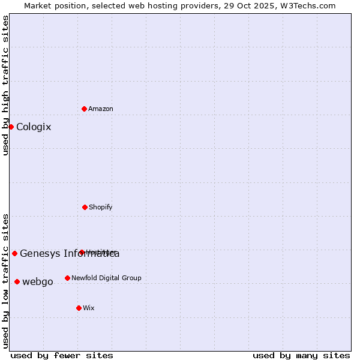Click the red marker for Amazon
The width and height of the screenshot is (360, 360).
(85, 109)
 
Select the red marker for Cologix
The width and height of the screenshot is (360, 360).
(11, 127)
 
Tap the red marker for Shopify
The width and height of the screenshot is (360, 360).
(85, 207)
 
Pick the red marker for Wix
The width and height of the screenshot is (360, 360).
(79, 308)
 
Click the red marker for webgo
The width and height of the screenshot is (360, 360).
(17, 281)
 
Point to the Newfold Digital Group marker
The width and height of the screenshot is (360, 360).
(67, 278)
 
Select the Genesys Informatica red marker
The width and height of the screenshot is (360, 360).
(14, 253)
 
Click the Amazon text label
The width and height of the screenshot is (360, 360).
(101, 109)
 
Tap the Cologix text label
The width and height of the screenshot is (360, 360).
(34, 127)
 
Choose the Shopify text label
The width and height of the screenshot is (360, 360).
(101, 207)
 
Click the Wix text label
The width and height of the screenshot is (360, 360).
(89, 308)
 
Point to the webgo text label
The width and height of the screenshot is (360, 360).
(38, 282)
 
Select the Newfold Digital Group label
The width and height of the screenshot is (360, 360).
(106, 278)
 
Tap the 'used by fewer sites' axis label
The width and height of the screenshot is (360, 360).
(62, 355)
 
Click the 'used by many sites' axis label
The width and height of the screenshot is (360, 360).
(301, 355)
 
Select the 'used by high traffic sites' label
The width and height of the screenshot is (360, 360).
(5, 85)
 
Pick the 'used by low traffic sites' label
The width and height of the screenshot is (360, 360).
(5, 280)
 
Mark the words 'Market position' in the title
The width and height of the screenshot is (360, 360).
(52, 5)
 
